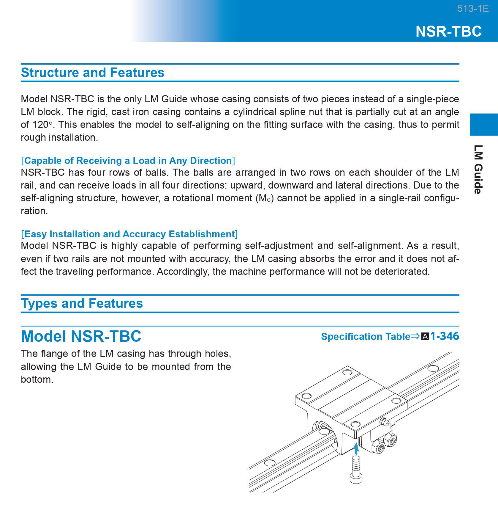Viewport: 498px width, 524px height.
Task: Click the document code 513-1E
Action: tap(473, 9)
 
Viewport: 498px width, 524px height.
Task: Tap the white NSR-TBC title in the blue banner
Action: tap(448, 31)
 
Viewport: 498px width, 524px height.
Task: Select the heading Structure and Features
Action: tap(92, 73)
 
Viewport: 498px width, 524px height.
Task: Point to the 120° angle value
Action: tap(42, 125)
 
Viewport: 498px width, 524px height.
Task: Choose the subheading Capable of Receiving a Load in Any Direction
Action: tap(128, 161)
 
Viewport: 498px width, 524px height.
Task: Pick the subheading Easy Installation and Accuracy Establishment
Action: tap(129, 234)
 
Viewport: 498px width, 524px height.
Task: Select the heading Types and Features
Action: tap(82, 303)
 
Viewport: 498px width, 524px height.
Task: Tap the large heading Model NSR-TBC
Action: tap(81, 336)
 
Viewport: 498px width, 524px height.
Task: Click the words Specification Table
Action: tap(365, 336)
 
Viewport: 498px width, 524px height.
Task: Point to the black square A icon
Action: tap(425, 336)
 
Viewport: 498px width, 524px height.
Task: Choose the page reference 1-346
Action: tap(445, 336)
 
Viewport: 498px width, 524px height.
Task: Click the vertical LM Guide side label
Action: tap(478, 169)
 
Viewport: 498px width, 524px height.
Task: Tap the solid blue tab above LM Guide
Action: tap(484, 124)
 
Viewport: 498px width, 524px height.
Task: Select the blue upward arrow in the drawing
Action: tap(356, 448)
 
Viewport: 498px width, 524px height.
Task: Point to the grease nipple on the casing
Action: tap(385, 422)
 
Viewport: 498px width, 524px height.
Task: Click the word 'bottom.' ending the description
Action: tap(37, 379)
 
